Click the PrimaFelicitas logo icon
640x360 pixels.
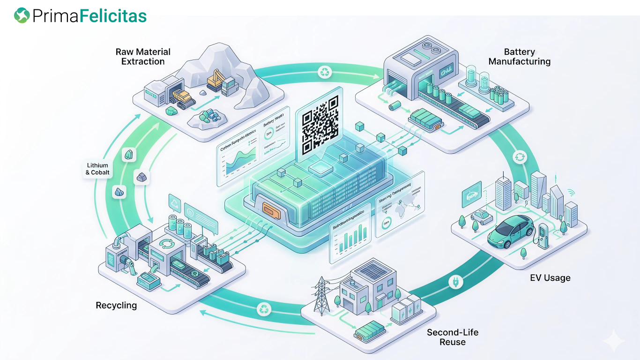tap(22, 15)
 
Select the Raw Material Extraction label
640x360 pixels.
tap(143, 57)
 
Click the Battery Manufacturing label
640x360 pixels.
tap(520, 57)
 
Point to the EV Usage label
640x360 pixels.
tap(550, 278)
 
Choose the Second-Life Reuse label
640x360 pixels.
tap(453, 337)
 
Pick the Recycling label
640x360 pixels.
tap(116, 306)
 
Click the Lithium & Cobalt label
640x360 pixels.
tap(97, 169)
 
